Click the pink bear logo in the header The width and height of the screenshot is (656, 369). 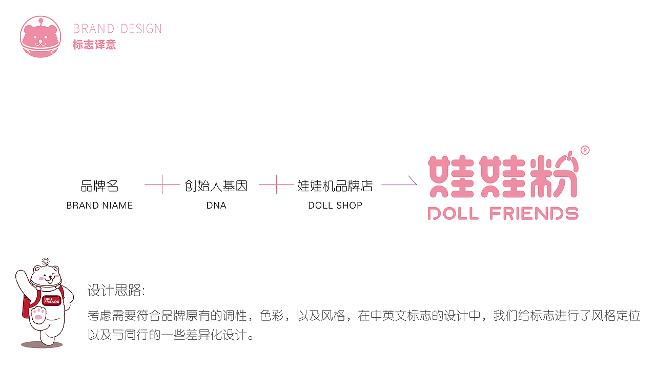(x=40, y=37)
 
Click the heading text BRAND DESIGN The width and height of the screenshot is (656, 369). (x=117, y=29)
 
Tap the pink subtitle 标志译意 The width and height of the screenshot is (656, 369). (x=94, y=45)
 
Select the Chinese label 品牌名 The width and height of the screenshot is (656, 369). (x=99, y=186)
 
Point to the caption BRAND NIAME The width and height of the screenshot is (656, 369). (x=99, y=206)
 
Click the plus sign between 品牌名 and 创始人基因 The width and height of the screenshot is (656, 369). (x=162, y=184)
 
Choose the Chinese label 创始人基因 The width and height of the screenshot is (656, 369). (x=216, y=186)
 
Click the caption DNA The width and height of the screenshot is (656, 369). (x=216, y=206)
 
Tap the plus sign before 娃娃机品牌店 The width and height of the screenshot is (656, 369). (x=277, y=184)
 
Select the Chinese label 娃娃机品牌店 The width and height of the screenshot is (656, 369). (x=335, y=186)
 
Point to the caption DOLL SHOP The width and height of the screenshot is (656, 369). (x=335, y=206)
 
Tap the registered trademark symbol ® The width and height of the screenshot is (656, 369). (x=585, y=150)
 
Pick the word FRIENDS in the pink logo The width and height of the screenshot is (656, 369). (x=534, y=213)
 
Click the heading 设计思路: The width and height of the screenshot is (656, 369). (x=116, y=292)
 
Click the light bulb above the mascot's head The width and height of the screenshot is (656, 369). (x=45, y=261)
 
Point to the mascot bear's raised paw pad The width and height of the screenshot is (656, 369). (x=37, y=314)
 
